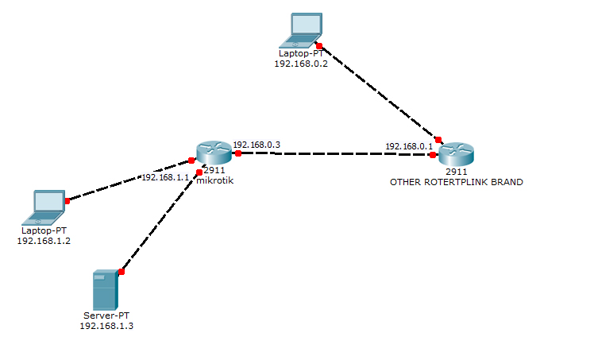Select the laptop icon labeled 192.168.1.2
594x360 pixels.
click(x=47, y=207)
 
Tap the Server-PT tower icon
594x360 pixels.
click(x=105, y=289)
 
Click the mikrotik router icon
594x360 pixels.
click(x=213, y=150)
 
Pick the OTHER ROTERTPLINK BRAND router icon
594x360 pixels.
click(x=456, y=153)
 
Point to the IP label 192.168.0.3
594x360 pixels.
click(x=256, y=145)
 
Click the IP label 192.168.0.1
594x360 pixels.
click(x=409, y=146)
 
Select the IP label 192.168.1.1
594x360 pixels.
click(x=165, y=177)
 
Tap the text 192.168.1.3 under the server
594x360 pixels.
click(x=106, y=326)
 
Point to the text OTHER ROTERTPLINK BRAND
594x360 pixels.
click(x=456, y=182)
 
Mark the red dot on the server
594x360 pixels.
click(x=121, y=272)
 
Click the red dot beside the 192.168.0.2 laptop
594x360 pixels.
click(x=318, y=45)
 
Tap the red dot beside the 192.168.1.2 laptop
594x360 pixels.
click(x=67, y=201)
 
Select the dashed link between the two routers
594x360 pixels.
click(x=334, y=153)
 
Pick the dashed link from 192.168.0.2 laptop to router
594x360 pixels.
click(x=377, y=91)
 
